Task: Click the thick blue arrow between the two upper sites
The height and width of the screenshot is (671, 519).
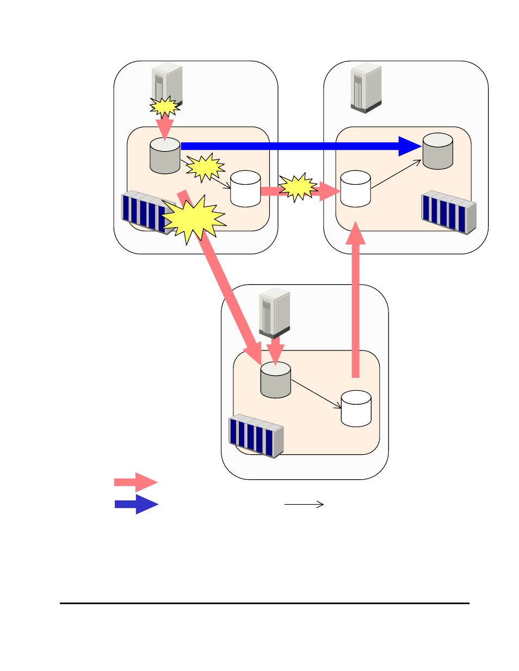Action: click(294, 146)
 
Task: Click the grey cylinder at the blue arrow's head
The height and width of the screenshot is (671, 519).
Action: click(438, 151)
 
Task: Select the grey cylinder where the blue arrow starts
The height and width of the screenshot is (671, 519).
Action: click(165, 156)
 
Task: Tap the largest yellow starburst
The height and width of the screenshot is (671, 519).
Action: click(193, 219)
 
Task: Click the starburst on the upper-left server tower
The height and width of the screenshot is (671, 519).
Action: click(165, 106)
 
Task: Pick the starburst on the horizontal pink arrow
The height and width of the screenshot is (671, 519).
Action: click(298, 188)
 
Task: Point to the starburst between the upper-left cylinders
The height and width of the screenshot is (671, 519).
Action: click(205, 167)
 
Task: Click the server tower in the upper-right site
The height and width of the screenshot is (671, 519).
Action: click(366, 88)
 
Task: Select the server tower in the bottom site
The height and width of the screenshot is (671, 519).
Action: click(274, 313)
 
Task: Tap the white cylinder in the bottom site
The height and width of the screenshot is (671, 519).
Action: click(356, 409)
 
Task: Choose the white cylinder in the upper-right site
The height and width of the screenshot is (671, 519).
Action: click(355, 189)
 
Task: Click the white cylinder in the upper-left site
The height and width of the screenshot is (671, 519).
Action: click(245, 189)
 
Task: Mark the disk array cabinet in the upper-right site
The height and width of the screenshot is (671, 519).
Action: click(449, 212)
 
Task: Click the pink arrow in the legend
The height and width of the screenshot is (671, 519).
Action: click(135, 482)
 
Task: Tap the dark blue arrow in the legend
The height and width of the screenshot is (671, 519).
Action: click(136, 504)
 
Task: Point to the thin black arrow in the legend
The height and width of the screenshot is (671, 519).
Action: click(304, 504)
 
